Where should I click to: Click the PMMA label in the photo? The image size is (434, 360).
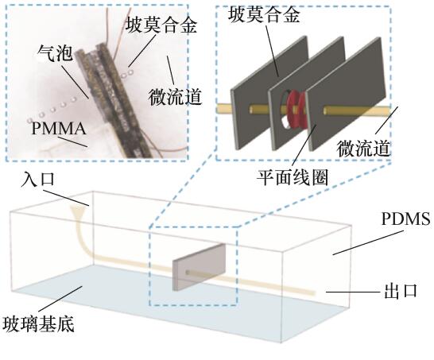pos(58,129)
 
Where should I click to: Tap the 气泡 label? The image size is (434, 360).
pos(56,53)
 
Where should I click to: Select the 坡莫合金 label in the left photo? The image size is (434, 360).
pos(161,25)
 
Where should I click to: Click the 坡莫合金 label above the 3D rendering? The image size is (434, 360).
pos(264,14)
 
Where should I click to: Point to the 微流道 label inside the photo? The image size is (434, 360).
pos(175,96)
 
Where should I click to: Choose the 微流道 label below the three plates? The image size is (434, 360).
pos(363,148)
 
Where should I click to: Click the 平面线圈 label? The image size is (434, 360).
pos(293,177)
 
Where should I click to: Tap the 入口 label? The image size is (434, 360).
pos(37,180)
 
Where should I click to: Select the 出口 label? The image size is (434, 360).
pos(401,291)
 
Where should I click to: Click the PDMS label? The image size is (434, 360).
pos(405,219)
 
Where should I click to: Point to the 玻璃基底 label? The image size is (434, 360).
pos(38,323)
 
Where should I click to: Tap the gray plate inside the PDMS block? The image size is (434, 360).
pos(200,267)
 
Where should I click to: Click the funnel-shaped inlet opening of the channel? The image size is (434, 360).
pos(76,211)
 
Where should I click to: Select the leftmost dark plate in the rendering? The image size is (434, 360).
pos(269,93)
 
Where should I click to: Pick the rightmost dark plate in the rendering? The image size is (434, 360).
pos(346,93)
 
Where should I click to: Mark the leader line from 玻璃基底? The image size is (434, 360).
pos(60,299)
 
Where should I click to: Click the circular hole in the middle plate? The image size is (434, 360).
pos(285,110)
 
